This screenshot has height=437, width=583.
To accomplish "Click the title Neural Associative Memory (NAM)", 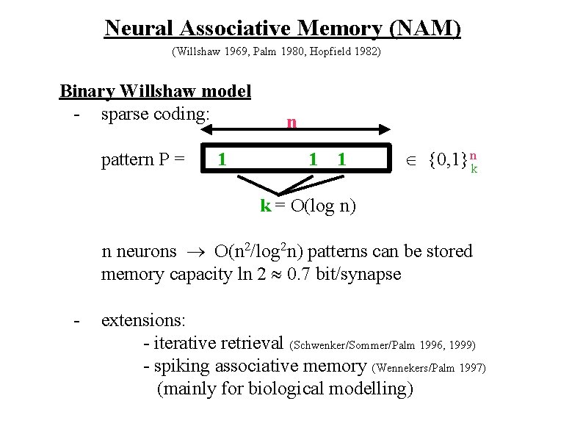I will (x=283, y=28).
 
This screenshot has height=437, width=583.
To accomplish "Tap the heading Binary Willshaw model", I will (x=155, y=92).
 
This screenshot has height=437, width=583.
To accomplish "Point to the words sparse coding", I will (x=156, y=115).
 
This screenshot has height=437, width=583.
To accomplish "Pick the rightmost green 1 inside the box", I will (x=341, y=159).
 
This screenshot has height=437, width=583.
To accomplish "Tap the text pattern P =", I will (x=143, y=159).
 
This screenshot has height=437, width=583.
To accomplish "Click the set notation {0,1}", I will (x=447, y=159).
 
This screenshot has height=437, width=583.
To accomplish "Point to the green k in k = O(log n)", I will (x=265, y=206).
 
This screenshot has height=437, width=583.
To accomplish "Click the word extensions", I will (x=143, y=320).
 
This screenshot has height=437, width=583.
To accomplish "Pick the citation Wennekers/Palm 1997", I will (x=429, y=367).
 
